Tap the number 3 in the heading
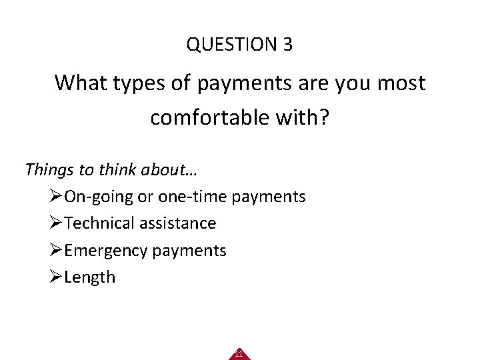coord(287,45)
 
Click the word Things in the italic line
coord(49,169)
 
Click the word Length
coord(90,277)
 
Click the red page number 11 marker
coord(239,354)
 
